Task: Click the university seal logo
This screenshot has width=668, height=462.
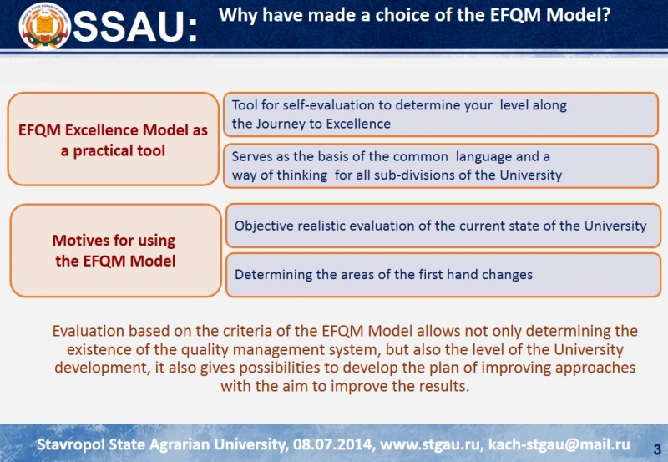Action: click(x=44, y=27)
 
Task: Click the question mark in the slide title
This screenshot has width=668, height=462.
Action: click(x=606, y=15)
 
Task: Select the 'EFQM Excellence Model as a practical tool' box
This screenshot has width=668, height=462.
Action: click(x=114, y=140)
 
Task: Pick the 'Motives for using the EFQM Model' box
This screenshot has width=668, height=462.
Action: click(x=115, y=251)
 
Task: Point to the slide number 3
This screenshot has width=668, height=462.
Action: click(x=657, y=449)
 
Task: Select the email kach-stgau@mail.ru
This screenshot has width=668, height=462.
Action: click(x=559, y=445)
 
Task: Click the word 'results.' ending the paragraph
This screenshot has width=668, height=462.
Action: click(x=444, y=386)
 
